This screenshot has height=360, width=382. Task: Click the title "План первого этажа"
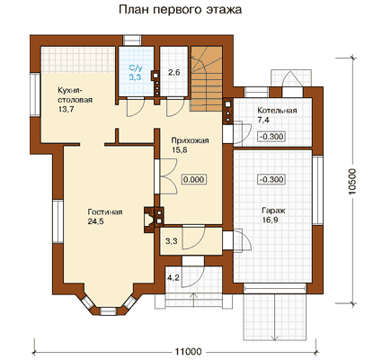coord(180,10)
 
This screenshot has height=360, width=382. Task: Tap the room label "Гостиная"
coord(105,211)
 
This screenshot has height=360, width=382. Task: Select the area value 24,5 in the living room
coord(95,221)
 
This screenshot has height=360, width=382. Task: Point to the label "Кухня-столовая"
coord(75,95)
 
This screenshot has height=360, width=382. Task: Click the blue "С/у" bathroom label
coord(136,67)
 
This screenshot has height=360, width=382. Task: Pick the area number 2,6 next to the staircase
coord(173,72)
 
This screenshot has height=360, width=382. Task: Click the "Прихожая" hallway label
coord(190,140)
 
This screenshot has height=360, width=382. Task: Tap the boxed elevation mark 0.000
coord(194,179)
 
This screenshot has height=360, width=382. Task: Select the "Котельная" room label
coord(277,110)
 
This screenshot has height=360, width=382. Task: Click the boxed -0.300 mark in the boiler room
coord(271,137)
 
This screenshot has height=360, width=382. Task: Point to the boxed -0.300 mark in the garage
coord(271,179)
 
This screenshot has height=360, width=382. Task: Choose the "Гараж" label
coord(273,211)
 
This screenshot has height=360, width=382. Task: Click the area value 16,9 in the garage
coord(270,220)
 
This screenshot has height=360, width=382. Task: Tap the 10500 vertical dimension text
coord(353,182)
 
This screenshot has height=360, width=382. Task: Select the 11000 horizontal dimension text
coord(188,351)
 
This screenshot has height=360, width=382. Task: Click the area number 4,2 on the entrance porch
coord(173,278)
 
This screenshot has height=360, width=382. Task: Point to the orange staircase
coord(207,78)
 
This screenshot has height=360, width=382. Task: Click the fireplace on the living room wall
coord(154,220)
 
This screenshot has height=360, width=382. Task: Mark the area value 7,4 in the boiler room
coord(263,120)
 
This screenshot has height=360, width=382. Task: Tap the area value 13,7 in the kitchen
coord(66,109)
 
